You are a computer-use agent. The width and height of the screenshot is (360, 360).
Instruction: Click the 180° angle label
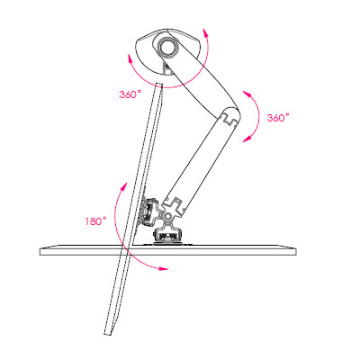click(95, 221)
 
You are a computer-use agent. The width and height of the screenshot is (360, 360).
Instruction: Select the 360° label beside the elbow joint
click(278, 117)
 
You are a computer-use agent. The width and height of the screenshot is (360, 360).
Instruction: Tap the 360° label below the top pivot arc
click(130, 94)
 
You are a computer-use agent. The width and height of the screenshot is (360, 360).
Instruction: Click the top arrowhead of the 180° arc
click(124, 185)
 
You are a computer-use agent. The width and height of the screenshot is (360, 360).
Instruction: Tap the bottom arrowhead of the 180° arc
click(164, 268)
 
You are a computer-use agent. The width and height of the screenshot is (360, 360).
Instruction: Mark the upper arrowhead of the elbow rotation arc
click(247, 94)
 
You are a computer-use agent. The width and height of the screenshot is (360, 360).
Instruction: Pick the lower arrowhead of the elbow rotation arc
click(247, 139)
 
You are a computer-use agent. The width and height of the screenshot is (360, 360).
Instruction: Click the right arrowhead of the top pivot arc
click(205, 32)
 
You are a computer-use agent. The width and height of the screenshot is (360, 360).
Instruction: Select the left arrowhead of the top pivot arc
click(130, 58)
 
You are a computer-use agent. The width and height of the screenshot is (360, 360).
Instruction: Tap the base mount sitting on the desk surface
click(167, 236)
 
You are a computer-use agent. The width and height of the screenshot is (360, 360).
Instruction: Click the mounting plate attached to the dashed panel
click(148, 211)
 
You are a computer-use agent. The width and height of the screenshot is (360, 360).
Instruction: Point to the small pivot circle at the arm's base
click(167, 216)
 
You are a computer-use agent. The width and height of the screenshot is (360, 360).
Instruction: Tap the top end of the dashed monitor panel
click(159, 85)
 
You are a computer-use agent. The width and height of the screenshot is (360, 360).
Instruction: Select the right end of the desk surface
click(295, 250)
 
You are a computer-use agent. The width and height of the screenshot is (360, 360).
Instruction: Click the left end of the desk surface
click(40, 251)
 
